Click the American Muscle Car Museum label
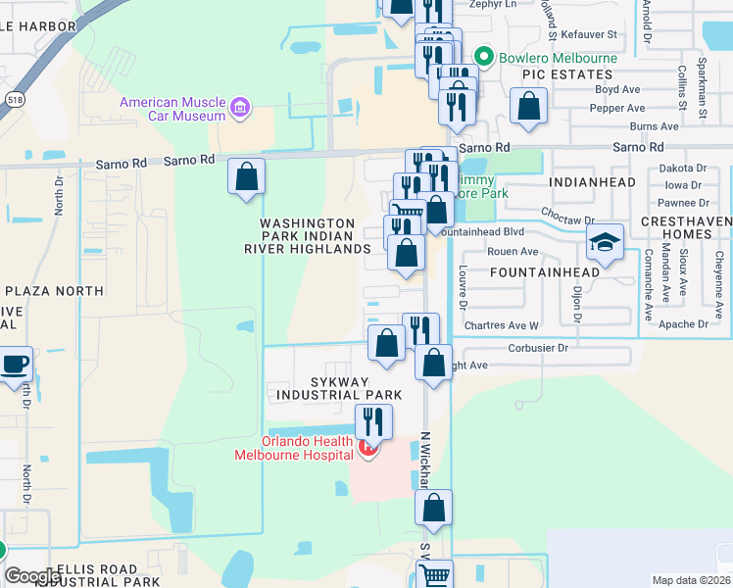point(172,109)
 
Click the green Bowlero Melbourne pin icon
point(482,57)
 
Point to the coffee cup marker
point(16,365)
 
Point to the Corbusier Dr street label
point(539,347)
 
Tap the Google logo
point(32,576)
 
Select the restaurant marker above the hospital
point(372,421)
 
